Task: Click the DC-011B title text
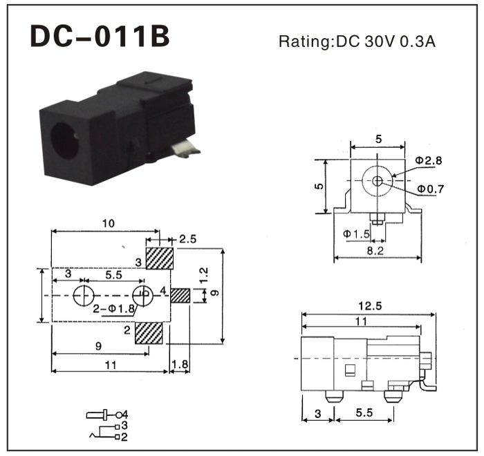[100, 38]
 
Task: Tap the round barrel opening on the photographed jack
[66, 142]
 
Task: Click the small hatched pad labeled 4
[180, 296]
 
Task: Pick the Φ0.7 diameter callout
[430, 189]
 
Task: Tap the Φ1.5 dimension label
[357, 234]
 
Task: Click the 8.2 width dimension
[375, 251]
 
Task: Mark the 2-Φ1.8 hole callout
[113, 308]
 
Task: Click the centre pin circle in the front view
[377, 181]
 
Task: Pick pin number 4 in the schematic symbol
[125, 414]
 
